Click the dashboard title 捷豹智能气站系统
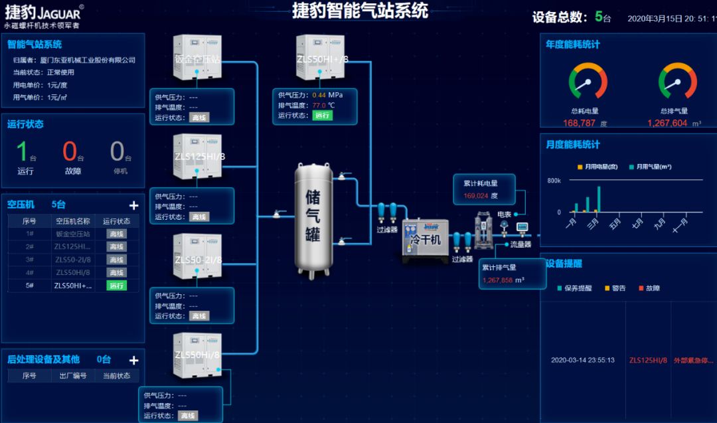pyautogui.click(x=360, y=11)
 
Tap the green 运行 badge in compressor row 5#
pyautogui.click(x=116, y=286)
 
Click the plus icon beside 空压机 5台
pyautogui.click(x=133, y=206)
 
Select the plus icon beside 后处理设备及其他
pyautogui.click(x=133, y=361)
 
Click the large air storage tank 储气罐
pyautogui.click(x=314, y=219)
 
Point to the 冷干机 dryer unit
pyautogui.click(x=425, y=239)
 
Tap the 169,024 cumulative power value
pyautogui.click(x=475, y=196)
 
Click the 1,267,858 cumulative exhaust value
pyautogui.click(x=497, y=280)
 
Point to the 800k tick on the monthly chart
pyautogui.click(x=554, y=181)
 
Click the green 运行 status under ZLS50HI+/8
pyautogui.click(x=322, y=116)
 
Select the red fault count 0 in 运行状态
pyautogui.click(x=70, y=152)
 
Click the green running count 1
pyautogui.click(x=22, y=152)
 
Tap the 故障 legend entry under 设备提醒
pyautogui.click(x=649, y=288)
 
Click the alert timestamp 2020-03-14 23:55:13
pyautogui.click(x=582, y=361)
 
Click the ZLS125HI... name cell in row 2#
pyautogui.click(x=73, y=246)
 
